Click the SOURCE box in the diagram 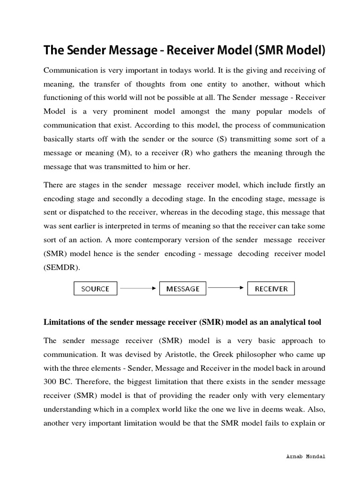coord(95,288)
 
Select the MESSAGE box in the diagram coord(183,288)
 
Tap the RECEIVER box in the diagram coord(271,288)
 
